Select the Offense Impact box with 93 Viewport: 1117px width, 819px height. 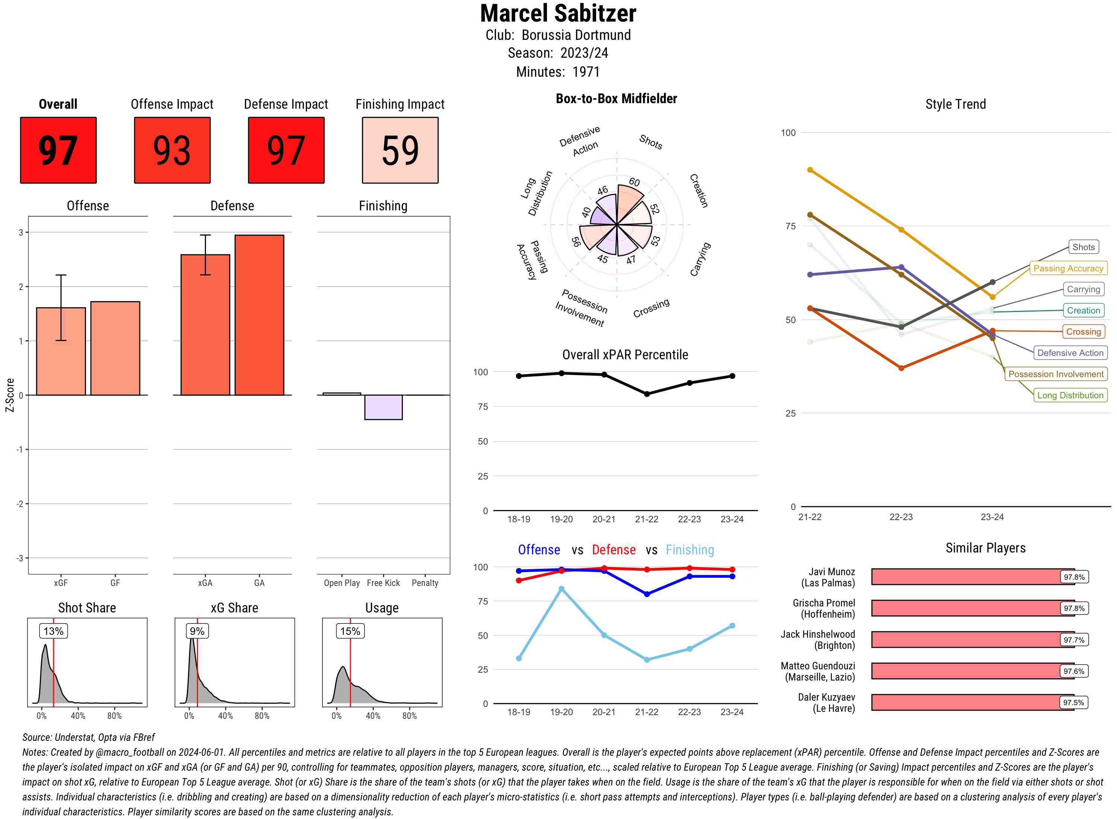pyautogui.click(x=172, y=150)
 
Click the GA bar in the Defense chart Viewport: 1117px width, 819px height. pyautogui.click(x=259, y=315)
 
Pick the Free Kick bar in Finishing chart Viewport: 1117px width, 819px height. pyautogui.click(x=383, y=407)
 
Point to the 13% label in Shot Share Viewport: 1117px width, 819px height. pyautogui.click(x=54, y=631)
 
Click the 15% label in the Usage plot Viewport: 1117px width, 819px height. pyautogui.click(x=350, y=631)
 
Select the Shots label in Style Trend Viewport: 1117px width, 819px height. pyautogui.click(x=1083, y=247)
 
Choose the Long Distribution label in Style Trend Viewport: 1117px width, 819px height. pyautogui.click(x=1070, y=395)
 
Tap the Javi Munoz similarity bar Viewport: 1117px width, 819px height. pyautogui.click(x=972, y=577)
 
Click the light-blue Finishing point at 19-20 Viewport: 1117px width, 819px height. pyautogui.click(x=561, y=589)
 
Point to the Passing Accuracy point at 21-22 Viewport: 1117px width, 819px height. pyautogui.click(x=810, y=170)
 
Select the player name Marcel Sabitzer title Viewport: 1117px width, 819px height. pyautogui.click(x=558, y=14)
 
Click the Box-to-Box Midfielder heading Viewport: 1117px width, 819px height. pyautogui.click(x=616, y=99)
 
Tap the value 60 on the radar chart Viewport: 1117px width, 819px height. pyautogui.click(x=634, y=182)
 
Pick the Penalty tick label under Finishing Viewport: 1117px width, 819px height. pyautogui.click(x=425, y=583)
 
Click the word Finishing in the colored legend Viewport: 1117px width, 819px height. pyautogui.click(x=690, y=550)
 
